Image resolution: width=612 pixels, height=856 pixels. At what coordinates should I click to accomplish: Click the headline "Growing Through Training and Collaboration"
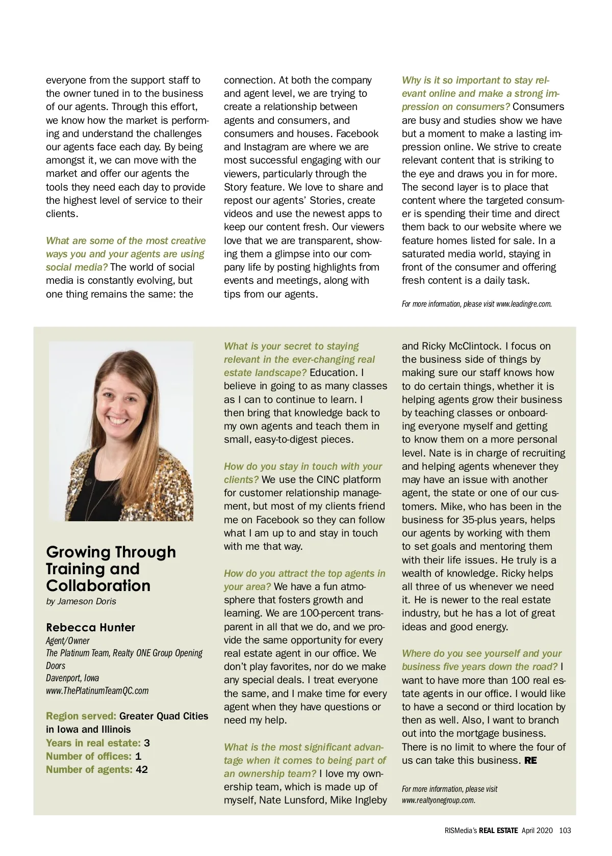coord(111,569)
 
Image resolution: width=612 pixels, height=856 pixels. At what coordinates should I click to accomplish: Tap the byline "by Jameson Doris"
coord(81,601)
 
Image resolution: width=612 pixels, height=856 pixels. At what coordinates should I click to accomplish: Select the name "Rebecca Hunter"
coord(91,627)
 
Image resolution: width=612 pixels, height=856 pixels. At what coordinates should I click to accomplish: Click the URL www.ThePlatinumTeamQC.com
coord(97,691)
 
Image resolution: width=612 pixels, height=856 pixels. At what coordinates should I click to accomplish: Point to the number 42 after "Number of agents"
coord(142,769)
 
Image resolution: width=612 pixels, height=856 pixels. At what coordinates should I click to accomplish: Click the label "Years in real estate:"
coord(93,743)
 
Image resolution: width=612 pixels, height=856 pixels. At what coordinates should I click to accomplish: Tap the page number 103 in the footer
coord(565,830)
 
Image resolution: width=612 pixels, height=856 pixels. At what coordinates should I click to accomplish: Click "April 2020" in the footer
coord(537,830)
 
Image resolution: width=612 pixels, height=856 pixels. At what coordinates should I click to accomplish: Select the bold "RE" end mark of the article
coord(530,760)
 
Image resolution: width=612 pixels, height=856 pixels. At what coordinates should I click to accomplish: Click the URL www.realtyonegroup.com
coord(438,800)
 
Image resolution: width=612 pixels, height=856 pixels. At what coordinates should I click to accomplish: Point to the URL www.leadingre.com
coord(524,304)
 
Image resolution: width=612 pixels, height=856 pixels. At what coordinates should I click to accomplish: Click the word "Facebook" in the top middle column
coord(357,133)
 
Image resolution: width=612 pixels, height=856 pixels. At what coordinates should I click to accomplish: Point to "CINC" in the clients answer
coord(328,479)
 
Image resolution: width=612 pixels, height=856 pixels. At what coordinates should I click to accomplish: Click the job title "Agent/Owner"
coord(67,640)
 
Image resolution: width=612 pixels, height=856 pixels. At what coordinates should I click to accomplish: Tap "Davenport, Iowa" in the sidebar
coord(72,678)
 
